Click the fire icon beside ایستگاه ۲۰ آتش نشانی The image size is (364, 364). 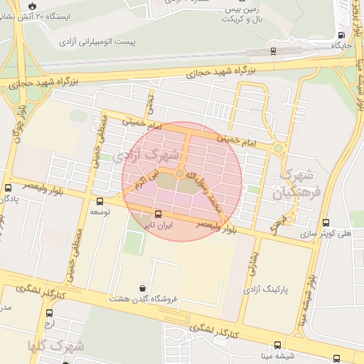[32, 6]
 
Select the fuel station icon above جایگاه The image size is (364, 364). [342, 34]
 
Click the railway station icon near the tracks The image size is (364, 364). [274, 50]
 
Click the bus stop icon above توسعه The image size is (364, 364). [100, 201]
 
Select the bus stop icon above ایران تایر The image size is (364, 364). [157, 214]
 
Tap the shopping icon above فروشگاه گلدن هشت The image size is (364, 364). [144, 288]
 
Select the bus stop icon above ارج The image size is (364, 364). [49, 313]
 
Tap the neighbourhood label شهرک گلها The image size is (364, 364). [56, 346]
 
